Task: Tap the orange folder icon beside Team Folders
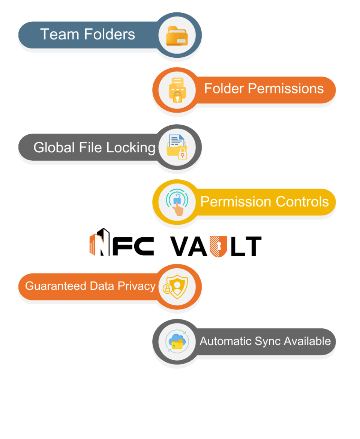pos(177,35)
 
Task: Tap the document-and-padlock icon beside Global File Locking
pos(177,147)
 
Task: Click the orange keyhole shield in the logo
pos(218,246)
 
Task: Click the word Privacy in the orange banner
pos(136,286)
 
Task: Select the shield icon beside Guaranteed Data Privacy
pos(177,286)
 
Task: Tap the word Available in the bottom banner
pos(307,341)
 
